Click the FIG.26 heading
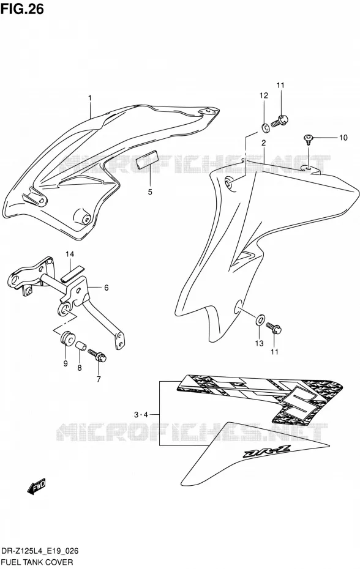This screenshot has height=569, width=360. pos(22,9)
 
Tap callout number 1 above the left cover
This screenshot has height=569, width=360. pos(90,98)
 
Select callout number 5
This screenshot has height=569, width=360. pos(150,192)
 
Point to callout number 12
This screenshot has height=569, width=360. pos(263,95)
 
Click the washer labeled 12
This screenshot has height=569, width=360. pos(264,127)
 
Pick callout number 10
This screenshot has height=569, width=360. pos(343,138)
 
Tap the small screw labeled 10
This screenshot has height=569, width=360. pos(308,139)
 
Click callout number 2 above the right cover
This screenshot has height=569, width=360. pos(264,143)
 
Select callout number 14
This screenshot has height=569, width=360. pos(70,254)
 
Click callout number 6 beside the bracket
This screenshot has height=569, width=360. pos(106,288)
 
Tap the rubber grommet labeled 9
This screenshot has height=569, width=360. pos(67,339)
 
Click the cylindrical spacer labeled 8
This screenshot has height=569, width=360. pos(81,346)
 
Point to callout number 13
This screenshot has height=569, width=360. pos(259,343)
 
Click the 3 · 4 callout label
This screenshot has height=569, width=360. pos(141,415)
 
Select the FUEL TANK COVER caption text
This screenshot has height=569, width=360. pos(38,562)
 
